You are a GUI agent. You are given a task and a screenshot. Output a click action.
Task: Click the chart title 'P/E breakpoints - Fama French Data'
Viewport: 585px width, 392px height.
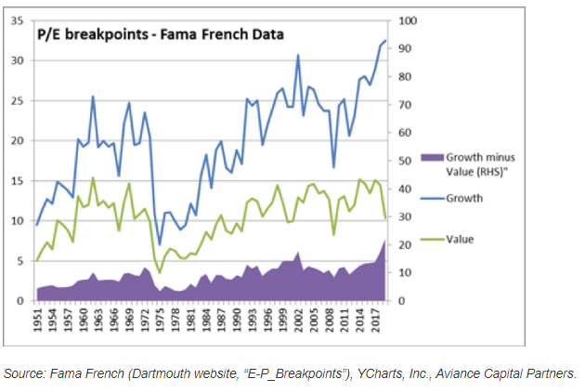coord(159,34)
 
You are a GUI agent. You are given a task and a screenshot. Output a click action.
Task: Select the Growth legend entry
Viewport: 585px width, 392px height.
coord(465,198)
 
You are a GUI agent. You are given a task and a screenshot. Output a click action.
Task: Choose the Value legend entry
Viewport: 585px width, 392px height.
coord(461,239)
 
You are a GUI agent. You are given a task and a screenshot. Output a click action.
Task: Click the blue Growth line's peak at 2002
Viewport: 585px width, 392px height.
coord(298,55)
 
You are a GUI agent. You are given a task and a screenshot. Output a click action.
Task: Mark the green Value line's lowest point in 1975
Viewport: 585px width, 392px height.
coord(160,273)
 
